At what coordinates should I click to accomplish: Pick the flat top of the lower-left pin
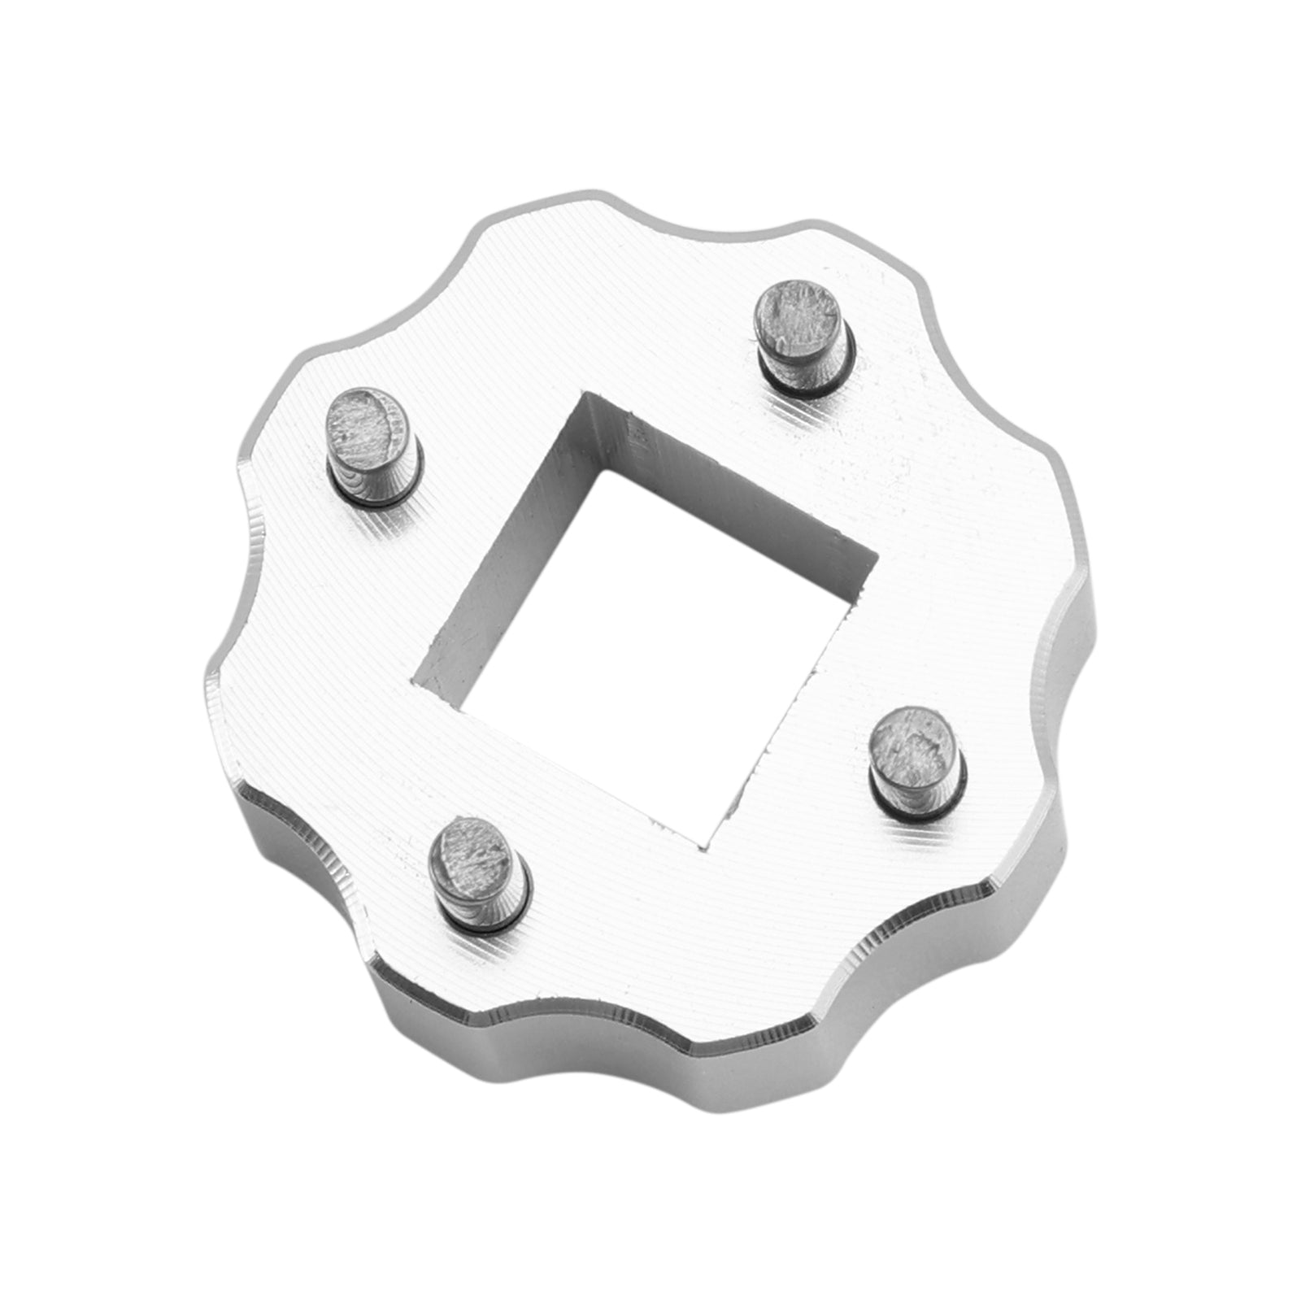[474, 851]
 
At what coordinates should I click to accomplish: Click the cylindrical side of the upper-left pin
[374, 476]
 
